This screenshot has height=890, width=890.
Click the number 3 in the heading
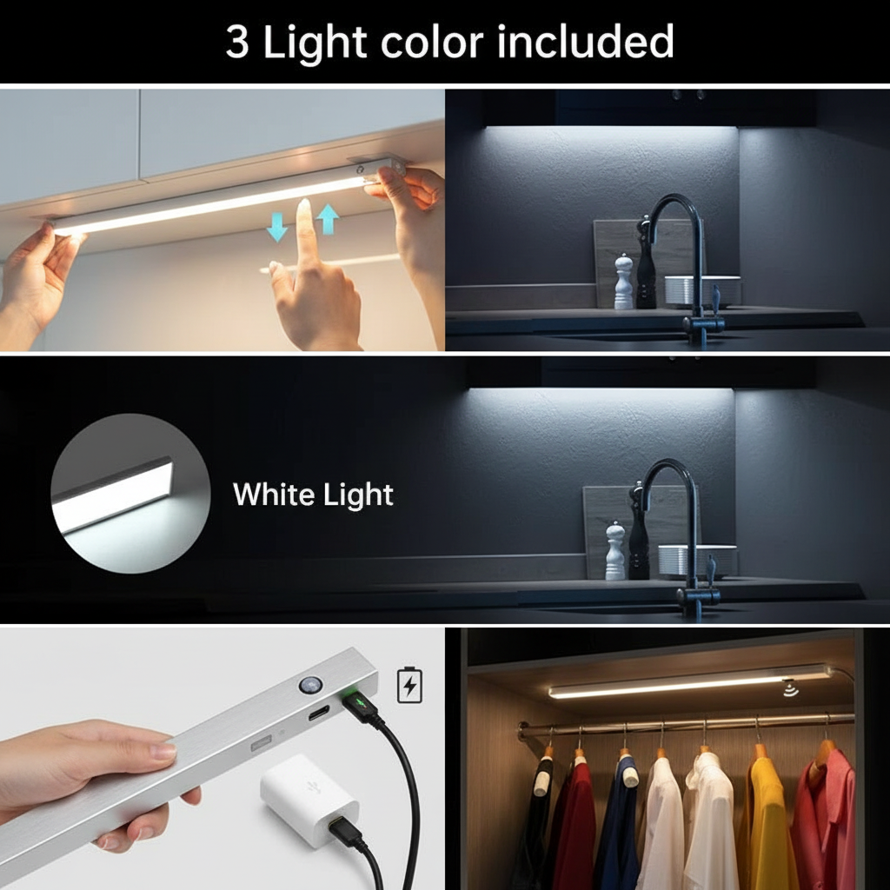236,42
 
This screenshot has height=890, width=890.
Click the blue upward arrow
327,218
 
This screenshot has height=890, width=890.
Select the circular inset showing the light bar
130,494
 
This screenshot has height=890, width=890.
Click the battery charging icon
409,685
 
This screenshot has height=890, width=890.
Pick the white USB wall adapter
309,797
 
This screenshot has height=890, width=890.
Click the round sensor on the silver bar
310,685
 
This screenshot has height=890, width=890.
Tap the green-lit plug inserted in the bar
356,701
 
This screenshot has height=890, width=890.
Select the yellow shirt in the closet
762,817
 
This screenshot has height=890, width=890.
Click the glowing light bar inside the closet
687,682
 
